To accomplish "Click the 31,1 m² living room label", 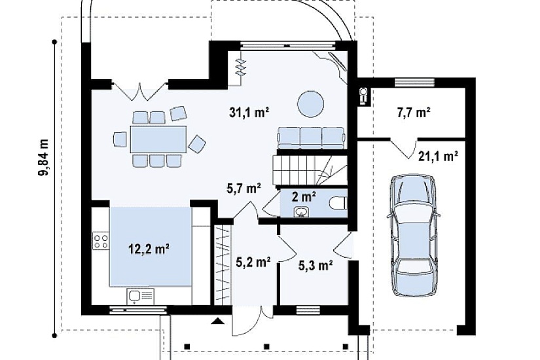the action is [249, 113].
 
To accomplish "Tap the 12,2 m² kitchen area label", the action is [149, 248].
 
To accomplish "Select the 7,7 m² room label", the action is [414, 113].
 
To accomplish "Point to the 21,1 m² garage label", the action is [438, 156].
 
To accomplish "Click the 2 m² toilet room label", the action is [304, 197].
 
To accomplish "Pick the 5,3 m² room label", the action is [315, 265].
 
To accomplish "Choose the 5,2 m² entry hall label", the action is [253, 262].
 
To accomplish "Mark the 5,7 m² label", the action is [243, 188].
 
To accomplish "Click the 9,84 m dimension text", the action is [44, 157].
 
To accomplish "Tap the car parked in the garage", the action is [413, 235].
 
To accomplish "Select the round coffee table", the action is [311, 104].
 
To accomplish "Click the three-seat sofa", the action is [312, 138].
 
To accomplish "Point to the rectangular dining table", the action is [158, 139].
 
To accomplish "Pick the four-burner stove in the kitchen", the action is [101, 241].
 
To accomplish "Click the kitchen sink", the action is [141, 297].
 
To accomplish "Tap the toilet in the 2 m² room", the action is [338, 204].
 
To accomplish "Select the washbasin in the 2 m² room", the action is [302, 212].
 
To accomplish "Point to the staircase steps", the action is [310, 171].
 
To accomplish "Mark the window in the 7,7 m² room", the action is [414, 82].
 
